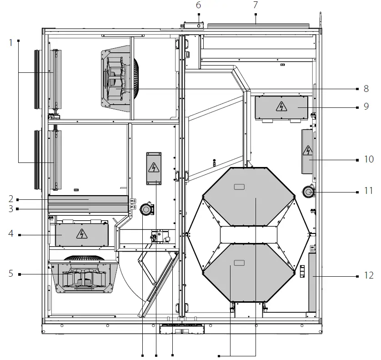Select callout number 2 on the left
pos(10,199)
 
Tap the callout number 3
pos(10,209)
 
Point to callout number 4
pos(10,234)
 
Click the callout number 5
pos(10,274)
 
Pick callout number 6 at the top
pos(198,5)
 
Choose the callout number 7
pos(256,5)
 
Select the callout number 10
pos(368,159)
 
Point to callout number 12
pos(368,275)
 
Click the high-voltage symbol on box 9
pos(282,107)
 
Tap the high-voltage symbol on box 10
pos(308,150)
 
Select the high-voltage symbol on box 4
pos(81,234)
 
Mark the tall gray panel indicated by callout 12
pos(312,282)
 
